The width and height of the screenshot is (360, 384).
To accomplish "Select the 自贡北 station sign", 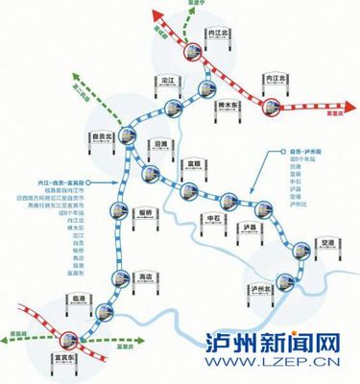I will [104, 137].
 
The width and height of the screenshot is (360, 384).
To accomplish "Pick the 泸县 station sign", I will [254, 228].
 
